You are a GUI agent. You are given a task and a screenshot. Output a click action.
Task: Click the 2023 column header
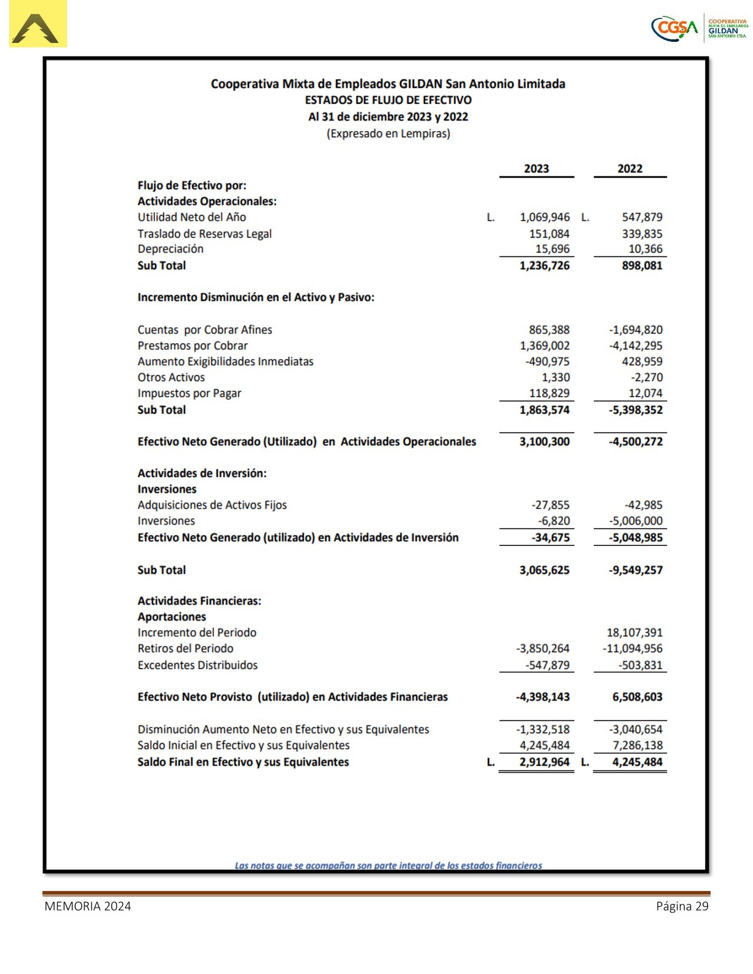coord(536,168)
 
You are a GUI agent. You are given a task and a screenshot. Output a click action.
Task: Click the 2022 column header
coord(629,168)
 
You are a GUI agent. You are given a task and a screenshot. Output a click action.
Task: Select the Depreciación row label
coord(170,249)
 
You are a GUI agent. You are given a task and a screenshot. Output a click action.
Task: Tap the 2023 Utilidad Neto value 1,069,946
coord(544,217)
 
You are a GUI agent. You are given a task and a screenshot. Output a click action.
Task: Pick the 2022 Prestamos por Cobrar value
coord(635,346)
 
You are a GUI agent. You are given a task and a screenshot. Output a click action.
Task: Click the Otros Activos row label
coord(171,378)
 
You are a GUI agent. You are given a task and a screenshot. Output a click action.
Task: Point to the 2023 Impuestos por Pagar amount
coord(549,394)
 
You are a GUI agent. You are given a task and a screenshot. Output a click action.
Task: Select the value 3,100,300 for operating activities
coord(544,441)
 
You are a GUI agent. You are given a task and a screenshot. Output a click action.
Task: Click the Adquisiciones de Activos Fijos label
coord(212,505)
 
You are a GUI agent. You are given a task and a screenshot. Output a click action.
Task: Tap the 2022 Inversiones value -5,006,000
coord(635,521)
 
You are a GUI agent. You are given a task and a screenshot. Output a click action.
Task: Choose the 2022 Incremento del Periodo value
coord(634,632)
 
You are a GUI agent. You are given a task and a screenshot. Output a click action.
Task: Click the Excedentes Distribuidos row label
coord(197,665)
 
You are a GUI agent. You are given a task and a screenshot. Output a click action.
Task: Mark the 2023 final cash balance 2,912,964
coord(544,762)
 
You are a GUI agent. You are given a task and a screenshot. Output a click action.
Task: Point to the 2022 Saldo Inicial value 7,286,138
coord(637,745)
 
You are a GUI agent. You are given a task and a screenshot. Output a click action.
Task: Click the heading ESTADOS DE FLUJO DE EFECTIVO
coord(388,100)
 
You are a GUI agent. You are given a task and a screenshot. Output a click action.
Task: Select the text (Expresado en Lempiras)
coord(388,133)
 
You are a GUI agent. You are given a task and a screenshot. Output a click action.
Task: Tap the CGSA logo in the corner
coord(675,28)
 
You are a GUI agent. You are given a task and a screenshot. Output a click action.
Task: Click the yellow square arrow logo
coord(38,25)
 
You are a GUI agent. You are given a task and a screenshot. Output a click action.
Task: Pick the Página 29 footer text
coord(682,906)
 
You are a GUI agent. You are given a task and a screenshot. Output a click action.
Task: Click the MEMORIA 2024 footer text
coord(87,906)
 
